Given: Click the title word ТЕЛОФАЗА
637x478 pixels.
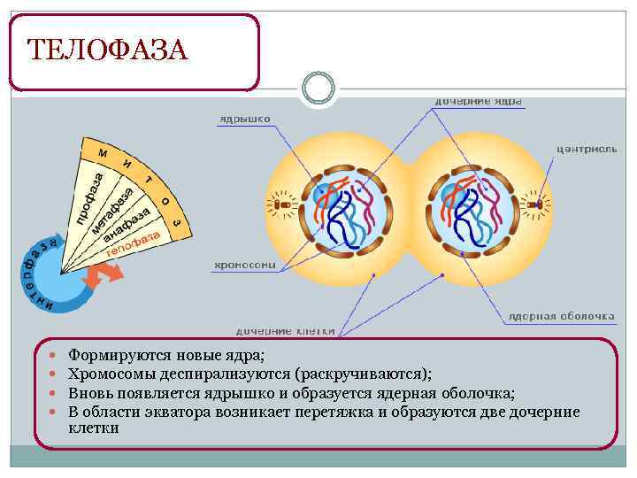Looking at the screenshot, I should tap(107, 50).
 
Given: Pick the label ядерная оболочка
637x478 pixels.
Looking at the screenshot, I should tap(561, 314).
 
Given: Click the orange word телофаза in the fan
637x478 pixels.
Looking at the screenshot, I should tap(133, 243).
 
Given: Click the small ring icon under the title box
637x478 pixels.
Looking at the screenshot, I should tap(318, 89).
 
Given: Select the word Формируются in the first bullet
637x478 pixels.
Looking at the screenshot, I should tap(111, 356).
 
